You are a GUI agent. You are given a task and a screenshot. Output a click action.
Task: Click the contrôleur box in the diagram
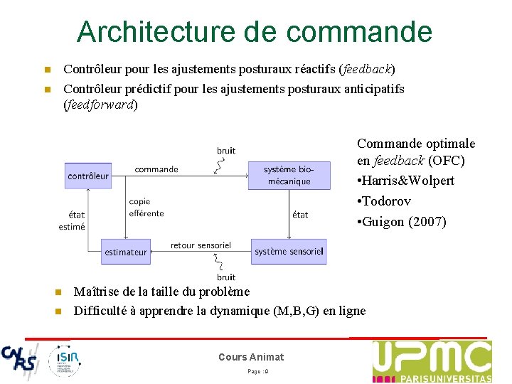tap(88, 175)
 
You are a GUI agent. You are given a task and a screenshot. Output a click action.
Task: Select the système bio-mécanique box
tap(289, 175)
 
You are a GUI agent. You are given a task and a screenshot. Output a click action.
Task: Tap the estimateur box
tap(126, 252)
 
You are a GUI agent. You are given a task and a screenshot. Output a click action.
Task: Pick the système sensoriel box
tap(289, 252)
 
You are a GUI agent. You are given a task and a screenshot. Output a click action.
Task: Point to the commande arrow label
tap(156, 169)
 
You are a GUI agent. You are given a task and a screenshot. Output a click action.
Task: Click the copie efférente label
tap(146, 207)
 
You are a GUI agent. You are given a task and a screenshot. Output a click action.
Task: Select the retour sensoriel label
tap(201, 245)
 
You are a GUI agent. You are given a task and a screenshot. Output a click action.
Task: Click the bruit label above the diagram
tap(226, 151)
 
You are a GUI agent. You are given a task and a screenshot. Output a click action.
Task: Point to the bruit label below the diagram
tap(226, 277)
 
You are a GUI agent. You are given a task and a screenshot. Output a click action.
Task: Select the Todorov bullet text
tap(387, 201)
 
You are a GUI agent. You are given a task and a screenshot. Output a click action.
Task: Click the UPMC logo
tap(432, 361)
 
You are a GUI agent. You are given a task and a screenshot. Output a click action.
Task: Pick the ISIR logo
tap(65, 360)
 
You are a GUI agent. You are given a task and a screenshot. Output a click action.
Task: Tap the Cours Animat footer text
tap(251, 357)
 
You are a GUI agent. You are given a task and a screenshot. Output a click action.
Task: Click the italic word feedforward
tap(100, 105)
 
